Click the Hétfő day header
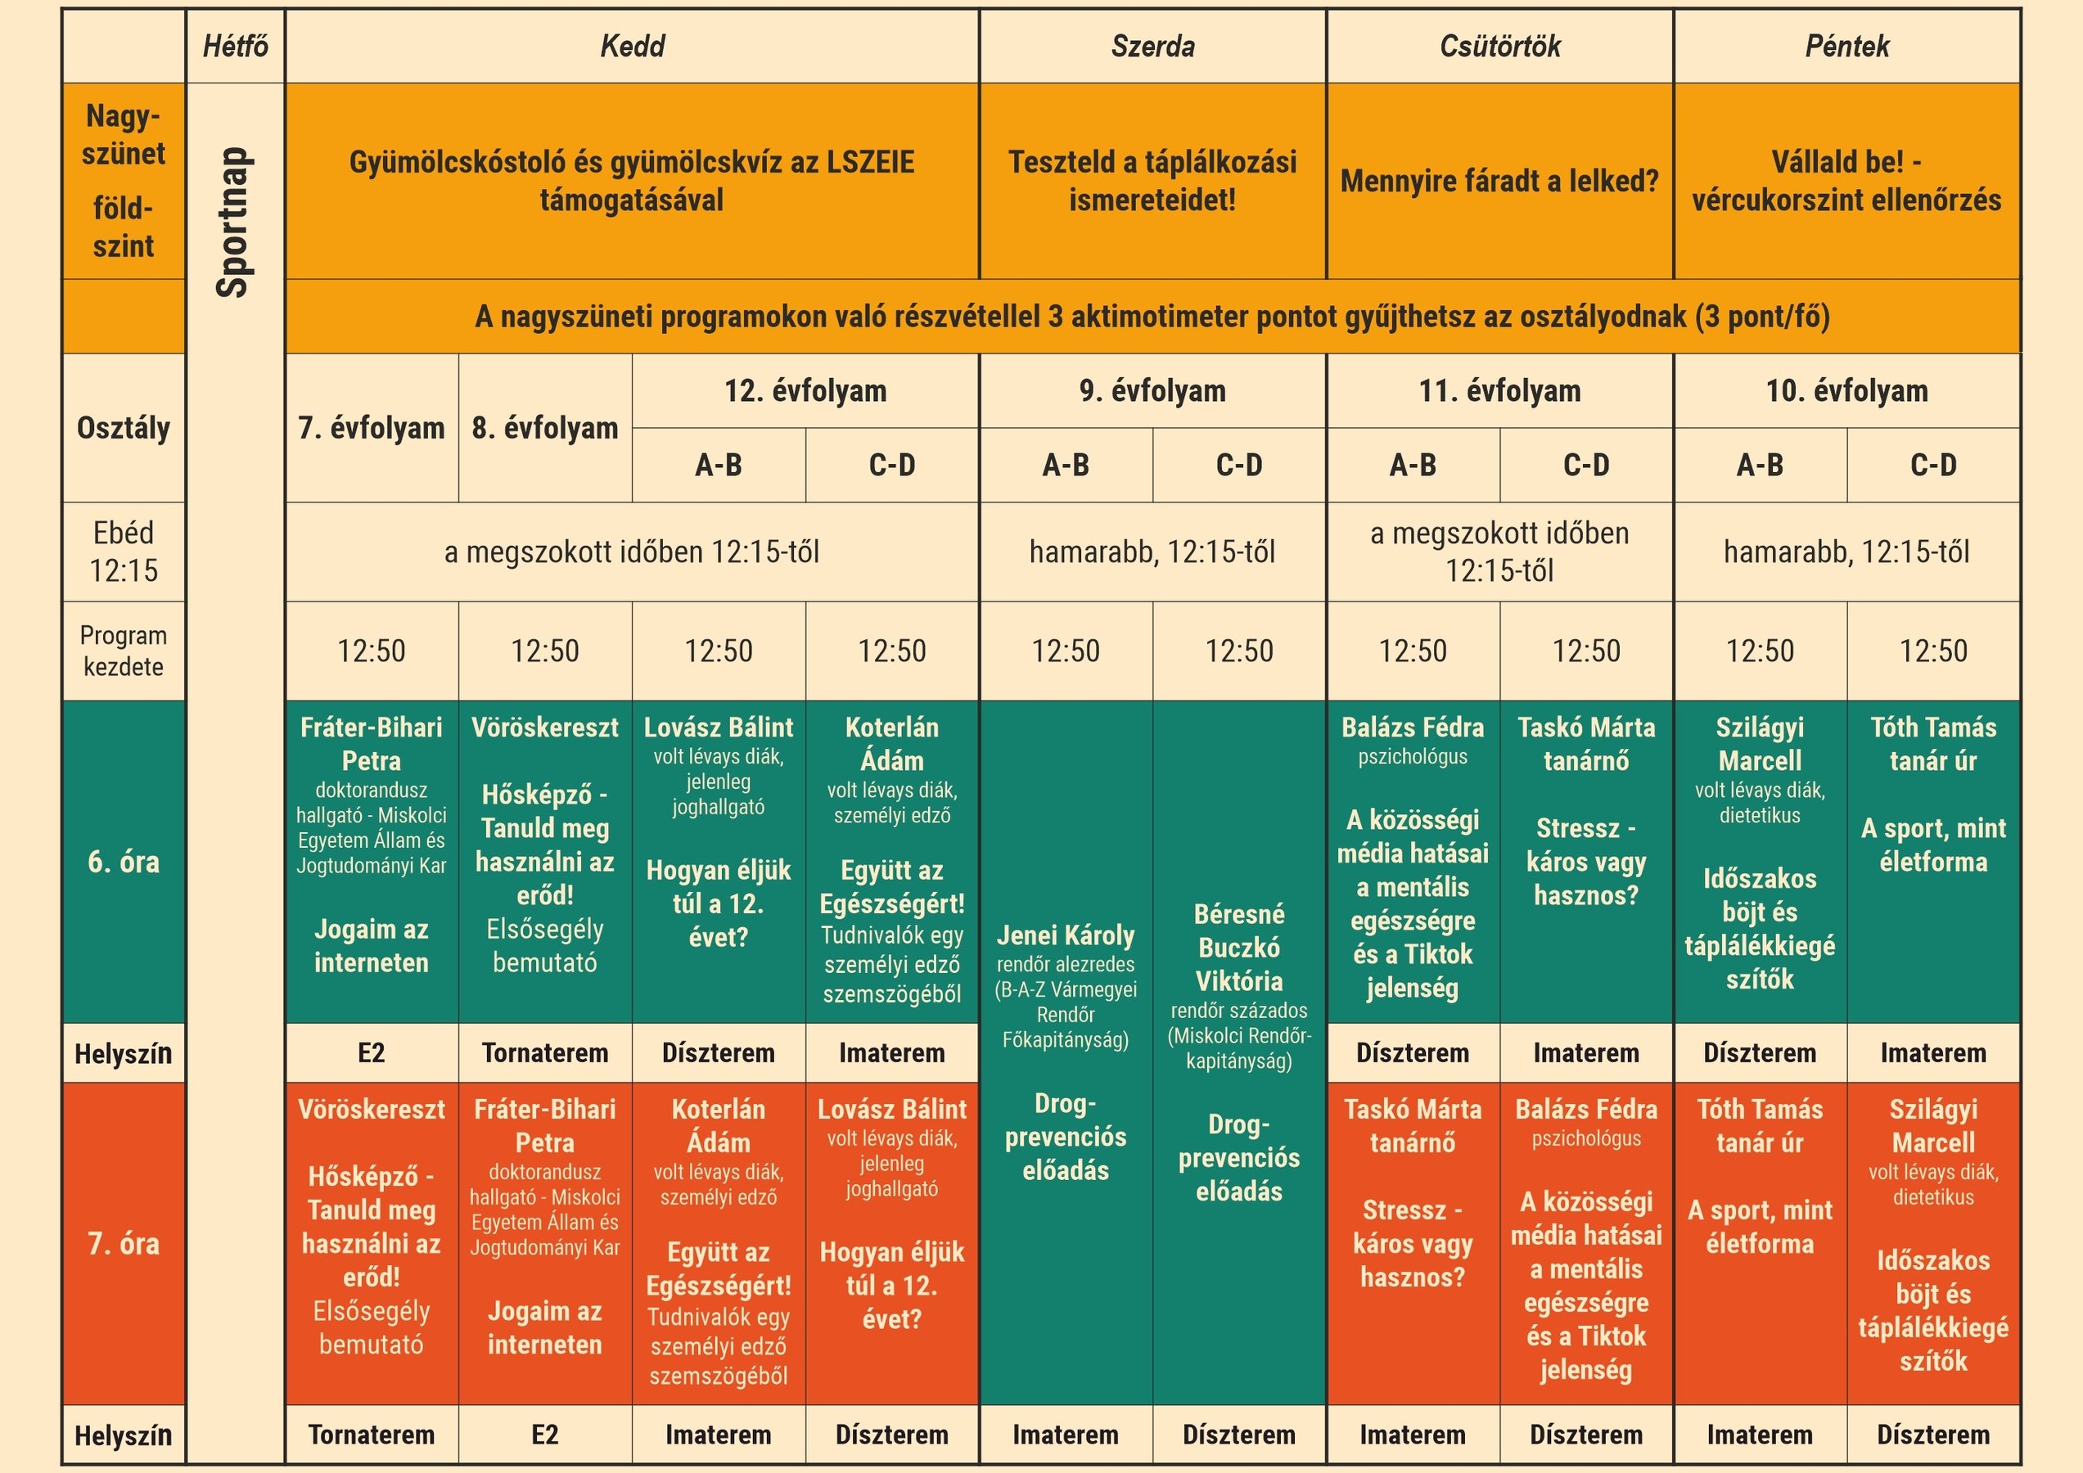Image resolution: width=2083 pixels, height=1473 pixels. (235, 47)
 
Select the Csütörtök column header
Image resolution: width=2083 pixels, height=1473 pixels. (1499, 47)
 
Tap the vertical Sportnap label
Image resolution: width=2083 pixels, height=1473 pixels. (234, 223)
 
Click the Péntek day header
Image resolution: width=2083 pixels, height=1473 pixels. (1846, 47)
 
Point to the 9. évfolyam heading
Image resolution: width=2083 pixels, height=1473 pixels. (1152, 391)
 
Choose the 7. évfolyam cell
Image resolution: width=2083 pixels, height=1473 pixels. (371, 427)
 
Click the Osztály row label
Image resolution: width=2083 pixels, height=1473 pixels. (124, 427)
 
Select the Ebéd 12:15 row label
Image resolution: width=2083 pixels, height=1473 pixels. (124, 552)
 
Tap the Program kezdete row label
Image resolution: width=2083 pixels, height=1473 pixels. (124, 651)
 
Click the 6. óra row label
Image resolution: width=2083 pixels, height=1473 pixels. (124, 862)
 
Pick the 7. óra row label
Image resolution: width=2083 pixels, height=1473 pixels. (124, 1244)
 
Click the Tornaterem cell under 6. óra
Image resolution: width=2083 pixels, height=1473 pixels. (544, 1052)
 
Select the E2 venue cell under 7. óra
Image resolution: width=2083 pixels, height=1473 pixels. (544, 1434)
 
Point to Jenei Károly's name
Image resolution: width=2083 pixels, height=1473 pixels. (1065, 935)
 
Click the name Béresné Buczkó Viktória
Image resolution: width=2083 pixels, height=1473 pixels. (1238, 948)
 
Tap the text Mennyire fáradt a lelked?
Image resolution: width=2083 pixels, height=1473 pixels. (1499, 182)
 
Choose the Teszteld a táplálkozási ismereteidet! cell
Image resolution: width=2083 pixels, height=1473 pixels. (1152, 182)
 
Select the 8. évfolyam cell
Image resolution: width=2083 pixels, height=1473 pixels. (544, 427)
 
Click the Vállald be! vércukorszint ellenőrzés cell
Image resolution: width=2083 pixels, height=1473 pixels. (1846, 182)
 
